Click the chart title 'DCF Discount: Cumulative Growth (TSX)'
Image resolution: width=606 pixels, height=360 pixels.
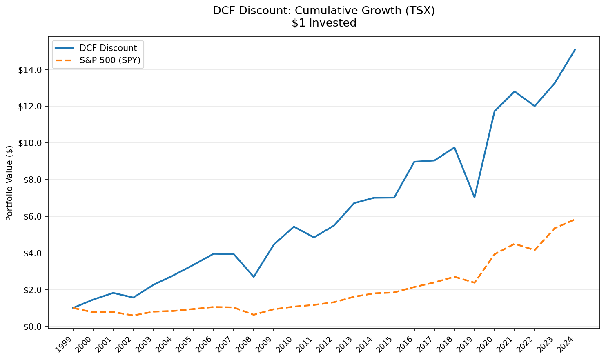point(324,11)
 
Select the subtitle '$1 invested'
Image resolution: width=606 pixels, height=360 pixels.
point(324,23)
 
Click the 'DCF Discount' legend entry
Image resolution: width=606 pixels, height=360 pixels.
point(108,48)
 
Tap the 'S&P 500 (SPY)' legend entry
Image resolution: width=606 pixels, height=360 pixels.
point(110,60)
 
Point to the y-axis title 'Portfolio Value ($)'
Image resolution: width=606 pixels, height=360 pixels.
point(10,183)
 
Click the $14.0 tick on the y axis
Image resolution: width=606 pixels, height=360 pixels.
point(30,70)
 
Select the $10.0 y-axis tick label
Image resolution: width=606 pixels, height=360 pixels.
point(30,143)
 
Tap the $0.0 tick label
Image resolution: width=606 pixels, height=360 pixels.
point(32,327)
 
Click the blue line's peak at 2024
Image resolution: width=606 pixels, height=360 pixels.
point(575,50)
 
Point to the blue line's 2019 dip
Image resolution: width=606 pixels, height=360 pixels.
point(475,197)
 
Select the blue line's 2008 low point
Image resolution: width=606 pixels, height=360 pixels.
point(254,277)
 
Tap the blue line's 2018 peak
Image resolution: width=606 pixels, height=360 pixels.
point(454,147)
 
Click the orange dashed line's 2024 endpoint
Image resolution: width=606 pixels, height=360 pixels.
point(575,220)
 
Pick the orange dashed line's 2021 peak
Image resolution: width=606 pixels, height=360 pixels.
point(515,244)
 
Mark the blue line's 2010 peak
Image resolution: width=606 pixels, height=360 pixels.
point(294,227)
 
